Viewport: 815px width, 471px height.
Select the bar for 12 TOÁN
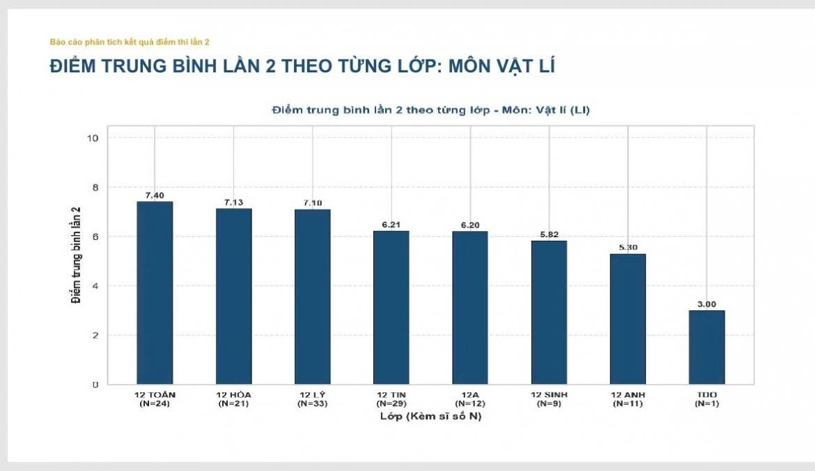point(155,293)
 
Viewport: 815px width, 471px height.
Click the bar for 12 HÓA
point(234,296)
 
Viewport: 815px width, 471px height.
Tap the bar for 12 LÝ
point(312,297)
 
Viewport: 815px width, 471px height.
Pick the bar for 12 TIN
point(391,308)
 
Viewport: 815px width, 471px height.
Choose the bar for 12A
point(470,308)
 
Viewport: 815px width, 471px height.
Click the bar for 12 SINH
point(549,312)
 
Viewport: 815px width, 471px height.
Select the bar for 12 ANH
point(628,319)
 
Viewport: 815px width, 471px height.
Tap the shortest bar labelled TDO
point(707,347)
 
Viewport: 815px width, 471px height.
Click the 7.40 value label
point(155,195)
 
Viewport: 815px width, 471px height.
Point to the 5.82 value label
point(550,234)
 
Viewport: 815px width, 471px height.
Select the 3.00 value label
point(707,304)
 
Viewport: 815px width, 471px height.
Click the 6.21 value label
point(391,225)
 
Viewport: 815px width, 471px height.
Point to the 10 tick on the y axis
point(93,138)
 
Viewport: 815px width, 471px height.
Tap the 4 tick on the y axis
point(95,286)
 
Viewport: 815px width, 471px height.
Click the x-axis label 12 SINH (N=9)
point(550,399)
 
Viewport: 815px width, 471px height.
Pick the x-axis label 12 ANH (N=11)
point(628,399)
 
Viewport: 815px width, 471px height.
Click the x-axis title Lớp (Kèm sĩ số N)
point(431,417)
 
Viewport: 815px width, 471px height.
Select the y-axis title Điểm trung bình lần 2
point(77,255)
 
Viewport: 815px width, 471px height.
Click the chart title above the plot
point(431,110)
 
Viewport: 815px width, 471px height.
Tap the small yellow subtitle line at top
point(130,42)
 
